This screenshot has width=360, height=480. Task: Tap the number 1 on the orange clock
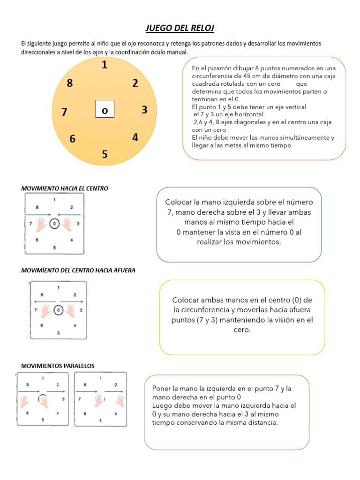tap(104, 65)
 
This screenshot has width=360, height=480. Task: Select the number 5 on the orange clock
tap(105, 155)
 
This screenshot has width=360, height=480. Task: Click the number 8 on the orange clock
tap(70, 83)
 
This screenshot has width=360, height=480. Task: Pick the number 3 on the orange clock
tap(144, 110)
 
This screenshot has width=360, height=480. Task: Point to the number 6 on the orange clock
tap(72, 139)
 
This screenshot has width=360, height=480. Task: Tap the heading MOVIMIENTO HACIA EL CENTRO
tap(65, 188)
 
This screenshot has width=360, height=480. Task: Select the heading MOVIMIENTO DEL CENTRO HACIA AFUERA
tap(78, 270)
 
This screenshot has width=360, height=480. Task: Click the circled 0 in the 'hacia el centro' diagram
tap(54, 224)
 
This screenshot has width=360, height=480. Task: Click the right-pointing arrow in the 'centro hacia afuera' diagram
tap(72, 301)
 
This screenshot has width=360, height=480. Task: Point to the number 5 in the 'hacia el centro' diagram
tap(55, 247)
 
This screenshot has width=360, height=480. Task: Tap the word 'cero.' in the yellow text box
tap(242, 330)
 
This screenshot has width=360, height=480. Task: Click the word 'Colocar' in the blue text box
tap(179, 202)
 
